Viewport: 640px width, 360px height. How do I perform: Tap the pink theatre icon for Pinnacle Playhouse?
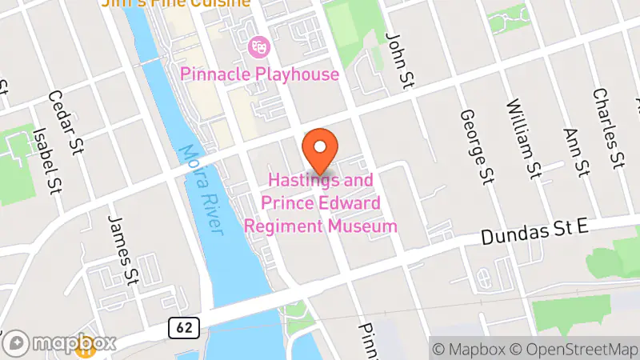pos(258,47)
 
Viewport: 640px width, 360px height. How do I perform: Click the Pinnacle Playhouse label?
pos(260,74)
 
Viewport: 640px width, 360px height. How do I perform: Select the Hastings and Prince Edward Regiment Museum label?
pos(320,203)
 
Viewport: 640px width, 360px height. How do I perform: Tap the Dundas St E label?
pos(535,233)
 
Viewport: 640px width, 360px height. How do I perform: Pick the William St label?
pos(522,138)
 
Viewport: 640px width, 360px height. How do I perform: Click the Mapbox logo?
pos(60,344)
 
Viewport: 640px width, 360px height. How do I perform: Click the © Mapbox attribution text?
pos(468,350)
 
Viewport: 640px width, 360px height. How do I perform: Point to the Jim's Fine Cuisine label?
pos(176,3)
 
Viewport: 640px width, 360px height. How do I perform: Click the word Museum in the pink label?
pos(364,226)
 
